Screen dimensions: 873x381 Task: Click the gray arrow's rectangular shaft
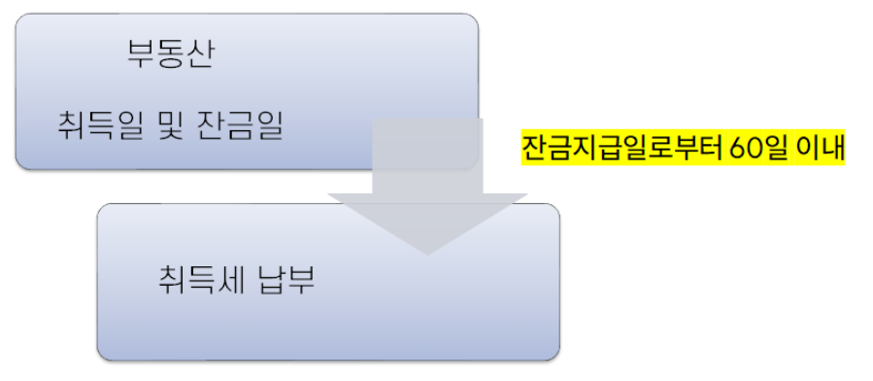click(x=427, y=156)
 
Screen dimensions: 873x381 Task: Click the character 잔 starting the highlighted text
click(x=533, y=149)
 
